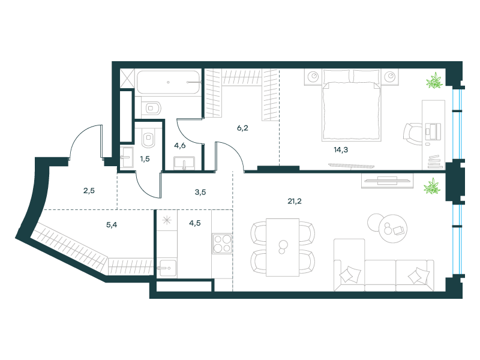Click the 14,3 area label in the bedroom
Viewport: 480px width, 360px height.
[x=341, y=149]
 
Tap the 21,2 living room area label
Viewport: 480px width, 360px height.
[x=295, y=201]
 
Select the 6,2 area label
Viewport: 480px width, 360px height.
[x=242, y=128]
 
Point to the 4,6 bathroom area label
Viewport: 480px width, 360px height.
[x=179, y=145]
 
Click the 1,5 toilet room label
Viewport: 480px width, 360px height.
[x=145, y=159]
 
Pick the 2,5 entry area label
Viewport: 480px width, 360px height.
[x=89, y=191]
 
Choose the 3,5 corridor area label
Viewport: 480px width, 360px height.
[x=200, y=192]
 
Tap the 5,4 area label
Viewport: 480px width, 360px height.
[x=112, y=225]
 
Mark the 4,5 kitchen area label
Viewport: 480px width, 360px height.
[x=194, y=223]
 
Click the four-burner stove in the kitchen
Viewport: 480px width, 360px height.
[x=222, y=244]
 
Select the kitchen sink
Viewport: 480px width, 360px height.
[x=167, y=268]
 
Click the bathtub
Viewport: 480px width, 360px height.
[x=169, y=82]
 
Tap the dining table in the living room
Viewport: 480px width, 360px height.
[x=282, y=247]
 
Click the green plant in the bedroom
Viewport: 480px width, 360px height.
[x=434, y=80]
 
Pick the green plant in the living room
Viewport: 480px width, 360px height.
[x=432, y=186]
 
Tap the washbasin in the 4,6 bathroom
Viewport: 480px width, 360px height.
[x=184, y=163]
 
